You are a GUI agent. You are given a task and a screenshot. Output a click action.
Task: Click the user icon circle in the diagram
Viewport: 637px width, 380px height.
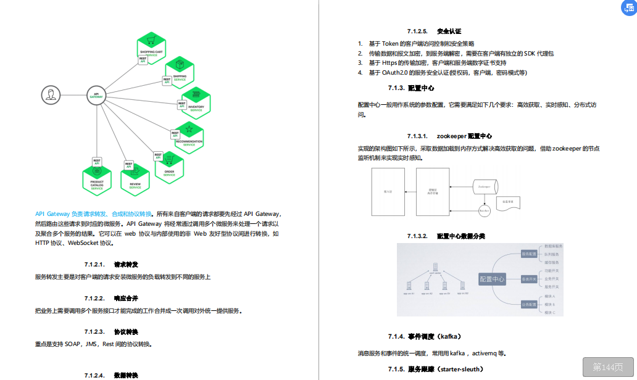pyautogui.click(x=51, y=95)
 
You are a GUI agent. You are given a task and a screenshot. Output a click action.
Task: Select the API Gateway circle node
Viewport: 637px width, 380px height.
pyautogui.click(x=96, y=96)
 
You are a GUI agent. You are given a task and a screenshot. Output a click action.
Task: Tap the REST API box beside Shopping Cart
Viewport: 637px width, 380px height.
pyautogui.click(x=143, y=60)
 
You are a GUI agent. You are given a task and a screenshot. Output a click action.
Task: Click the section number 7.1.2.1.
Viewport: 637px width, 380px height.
pyautogui.click(x=94, y=265)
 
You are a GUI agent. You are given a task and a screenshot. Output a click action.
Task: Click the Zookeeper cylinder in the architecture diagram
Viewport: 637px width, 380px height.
pyautogui.click(x=485, y=186)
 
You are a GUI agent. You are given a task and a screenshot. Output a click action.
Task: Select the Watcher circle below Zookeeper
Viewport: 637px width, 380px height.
pyautogui.click(x=485, y=210)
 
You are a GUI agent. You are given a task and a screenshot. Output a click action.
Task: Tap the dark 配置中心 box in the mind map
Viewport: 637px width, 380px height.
pyautogui.click(x=492, y=279)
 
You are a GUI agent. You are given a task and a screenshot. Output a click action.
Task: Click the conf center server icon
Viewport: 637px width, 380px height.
pyautogui.click(x=436, y=268)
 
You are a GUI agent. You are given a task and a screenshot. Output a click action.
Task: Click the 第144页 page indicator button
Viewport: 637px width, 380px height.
pyautogui.click(x=607, y=367)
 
